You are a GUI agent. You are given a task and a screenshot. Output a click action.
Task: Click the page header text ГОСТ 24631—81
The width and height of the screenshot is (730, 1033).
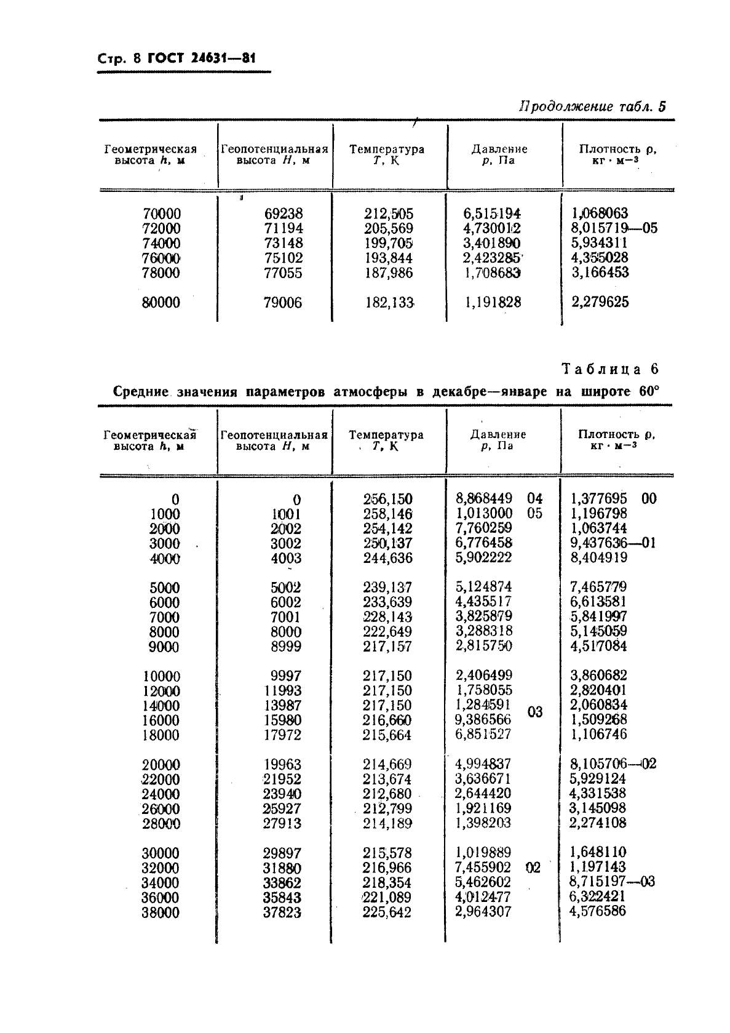(201, 59)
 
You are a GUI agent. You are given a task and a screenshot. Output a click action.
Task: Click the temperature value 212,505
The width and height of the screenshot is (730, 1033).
(389, 214)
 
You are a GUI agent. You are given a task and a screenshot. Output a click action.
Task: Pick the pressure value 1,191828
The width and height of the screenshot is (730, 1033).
(492, 302)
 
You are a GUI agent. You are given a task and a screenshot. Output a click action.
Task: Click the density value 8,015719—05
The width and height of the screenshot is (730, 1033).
(614, 228)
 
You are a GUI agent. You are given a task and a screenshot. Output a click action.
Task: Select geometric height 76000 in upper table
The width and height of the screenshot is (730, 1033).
(162, 258)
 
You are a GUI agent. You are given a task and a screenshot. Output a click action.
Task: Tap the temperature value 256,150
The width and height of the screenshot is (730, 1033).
(388, 499)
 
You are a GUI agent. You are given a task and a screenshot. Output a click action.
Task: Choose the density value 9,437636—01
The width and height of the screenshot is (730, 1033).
(613, 543)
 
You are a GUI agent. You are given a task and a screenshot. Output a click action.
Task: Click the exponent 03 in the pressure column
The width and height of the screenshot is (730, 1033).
(535, 712)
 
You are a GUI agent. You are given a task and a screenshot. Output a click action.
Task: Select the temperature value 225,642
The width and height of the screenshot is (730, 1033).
(387, 912)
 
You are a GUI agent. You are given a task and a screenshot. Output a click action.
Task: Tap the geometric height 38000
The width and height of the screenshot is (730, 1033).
(161, 913)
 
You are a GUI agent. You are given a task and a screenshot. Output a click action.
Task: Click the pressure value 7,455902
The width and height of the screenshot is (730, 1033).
(483, 867)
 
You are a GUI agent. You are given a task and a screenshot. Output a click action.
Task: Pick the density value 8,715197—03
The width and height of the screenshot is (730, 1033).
(613, 882)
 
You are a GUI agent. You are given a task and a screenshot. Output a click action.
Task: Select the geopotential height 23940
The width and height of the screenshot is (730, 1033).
(283, 794)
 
